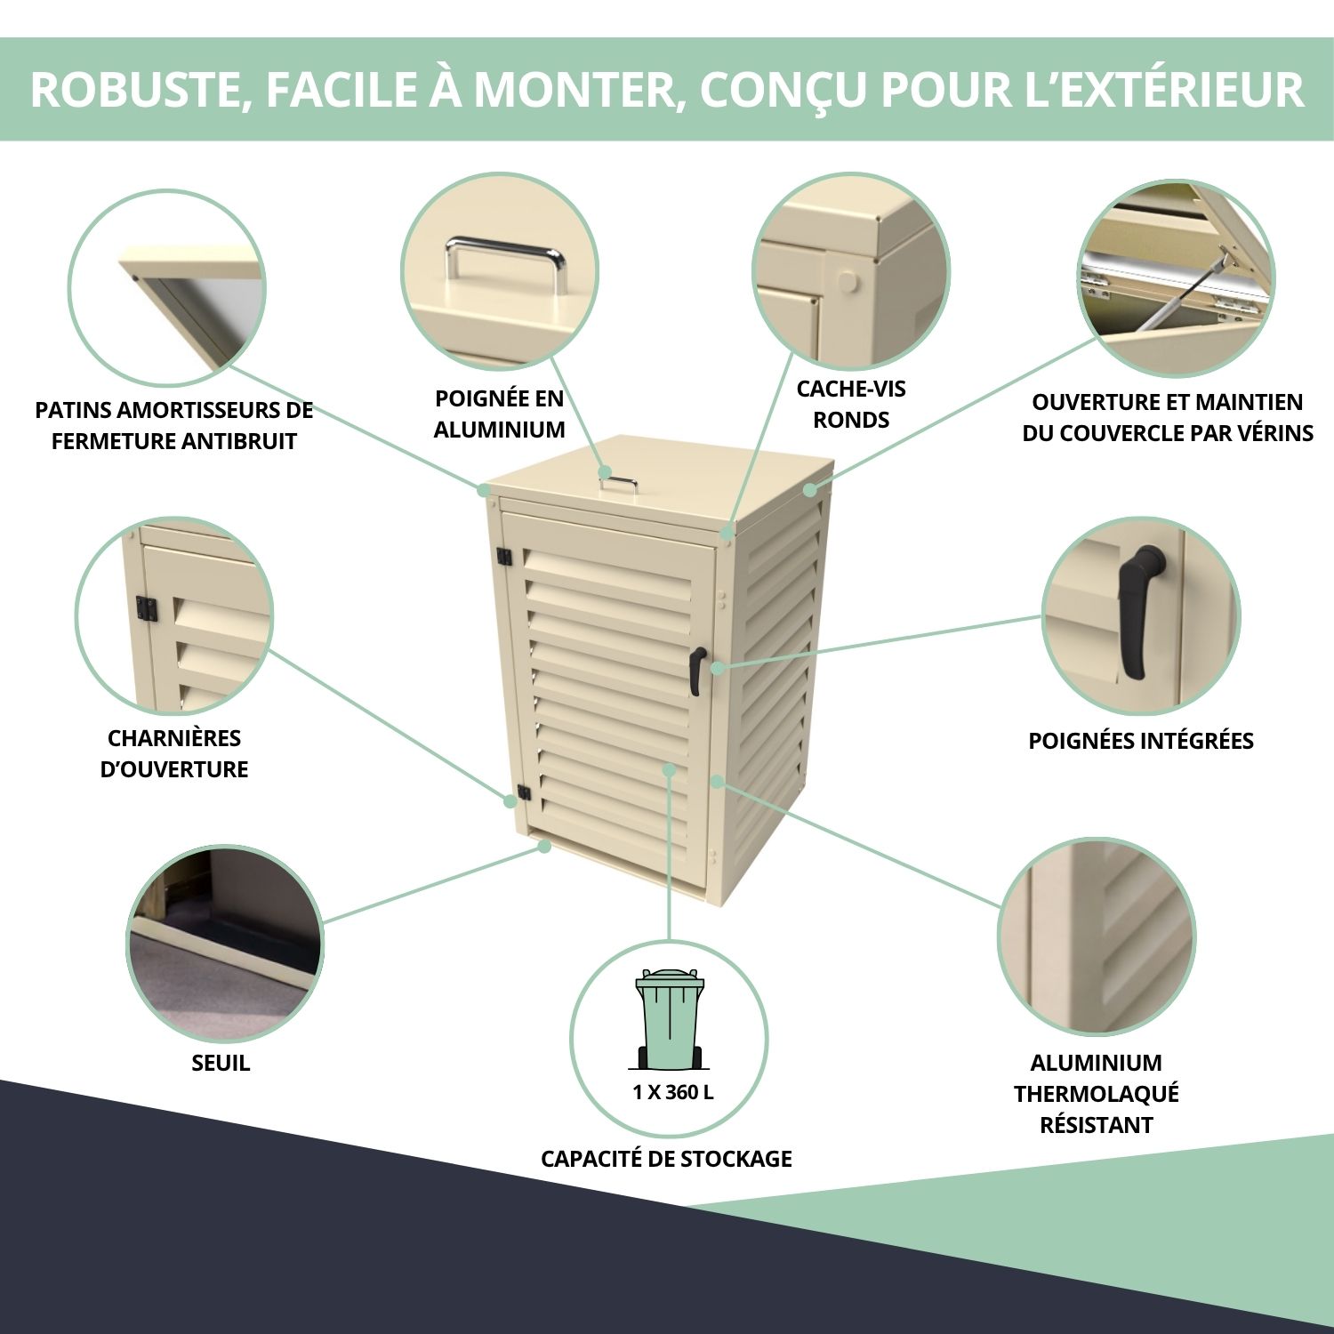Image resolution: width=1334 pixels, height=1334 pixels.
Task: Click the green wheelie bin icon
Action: (x=669, y=1019)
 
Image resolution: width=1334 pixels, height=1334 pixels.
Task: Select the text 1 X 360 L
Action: (x=672, y=1092)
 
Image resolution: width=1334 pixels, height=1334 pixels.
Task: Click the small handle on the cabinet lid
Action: (x=617, y=483)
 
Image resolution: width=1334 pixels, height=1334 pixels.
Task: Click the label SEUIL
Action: (x=221, y=1063)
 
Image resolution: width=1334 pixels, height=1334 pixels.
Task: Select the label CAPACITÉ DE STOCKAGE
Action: (x=666, y=1159)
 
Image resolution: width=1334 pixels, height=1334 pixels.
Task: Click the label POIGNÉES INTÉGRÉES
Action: (x=1141, y=741)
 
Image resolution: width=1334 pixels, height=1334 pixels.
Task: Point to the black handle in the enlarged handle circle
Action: (x=1141, y=612)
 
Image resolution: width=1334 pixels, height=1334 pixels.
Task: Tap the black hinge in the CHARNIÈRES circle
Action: (x=146, y=610)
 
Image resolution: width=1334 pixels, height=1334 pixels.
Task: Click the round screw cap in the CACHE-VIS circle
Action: (x=848, y=284)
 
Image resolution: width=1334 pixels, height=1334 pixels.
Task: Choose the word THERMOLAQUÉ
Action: (x=1097, y=1094)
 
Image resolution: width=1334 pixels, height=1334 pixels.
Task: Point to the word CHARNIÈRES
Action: (x=174, y=738)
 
